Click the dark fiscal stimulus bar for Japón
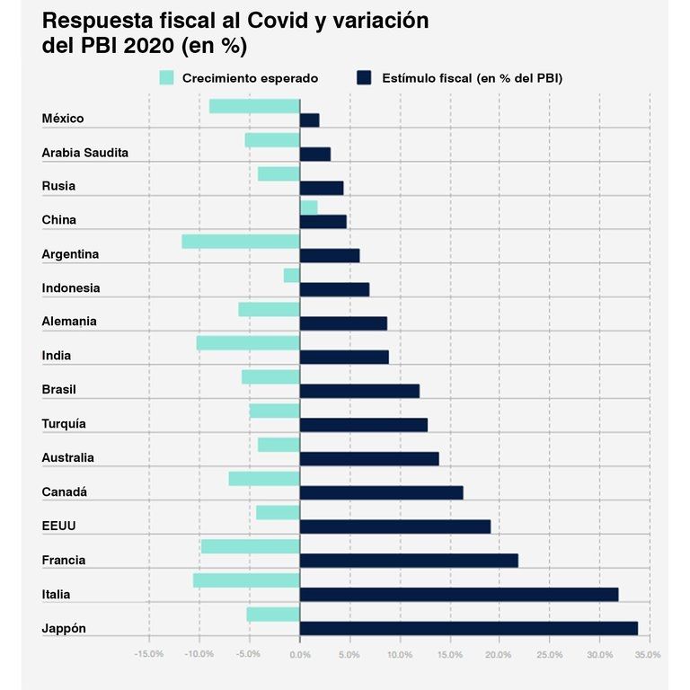click(468, 629)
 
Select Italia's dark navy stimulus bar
click(458, 595)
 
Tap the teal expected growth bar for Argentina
click(240, 242)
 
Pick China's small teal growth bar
click(308, 208)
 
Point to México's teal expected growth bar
click(254, 106)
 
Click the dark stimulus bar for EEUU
click(394, 526)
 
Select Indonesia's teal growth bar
click(291, 276)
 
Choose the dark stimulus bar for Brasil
click(359, 391)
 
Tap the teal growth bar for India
click(247, 343)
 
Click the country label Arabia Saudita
click(85, 153)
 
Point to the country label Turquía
click(64, 424)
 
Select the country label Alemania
click(69, 322)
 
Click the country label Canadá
click(64, 492)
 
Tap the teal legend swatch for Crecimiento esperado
click(166, 78)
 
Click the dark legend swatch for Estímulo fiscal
click(365, 78)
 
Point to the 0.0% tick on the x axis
click(299, 654)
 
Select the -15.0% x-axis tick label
click(148, 654)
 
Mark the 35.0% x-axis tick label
click(647, 654)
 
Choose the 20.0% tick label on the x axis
click(500, 654)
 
